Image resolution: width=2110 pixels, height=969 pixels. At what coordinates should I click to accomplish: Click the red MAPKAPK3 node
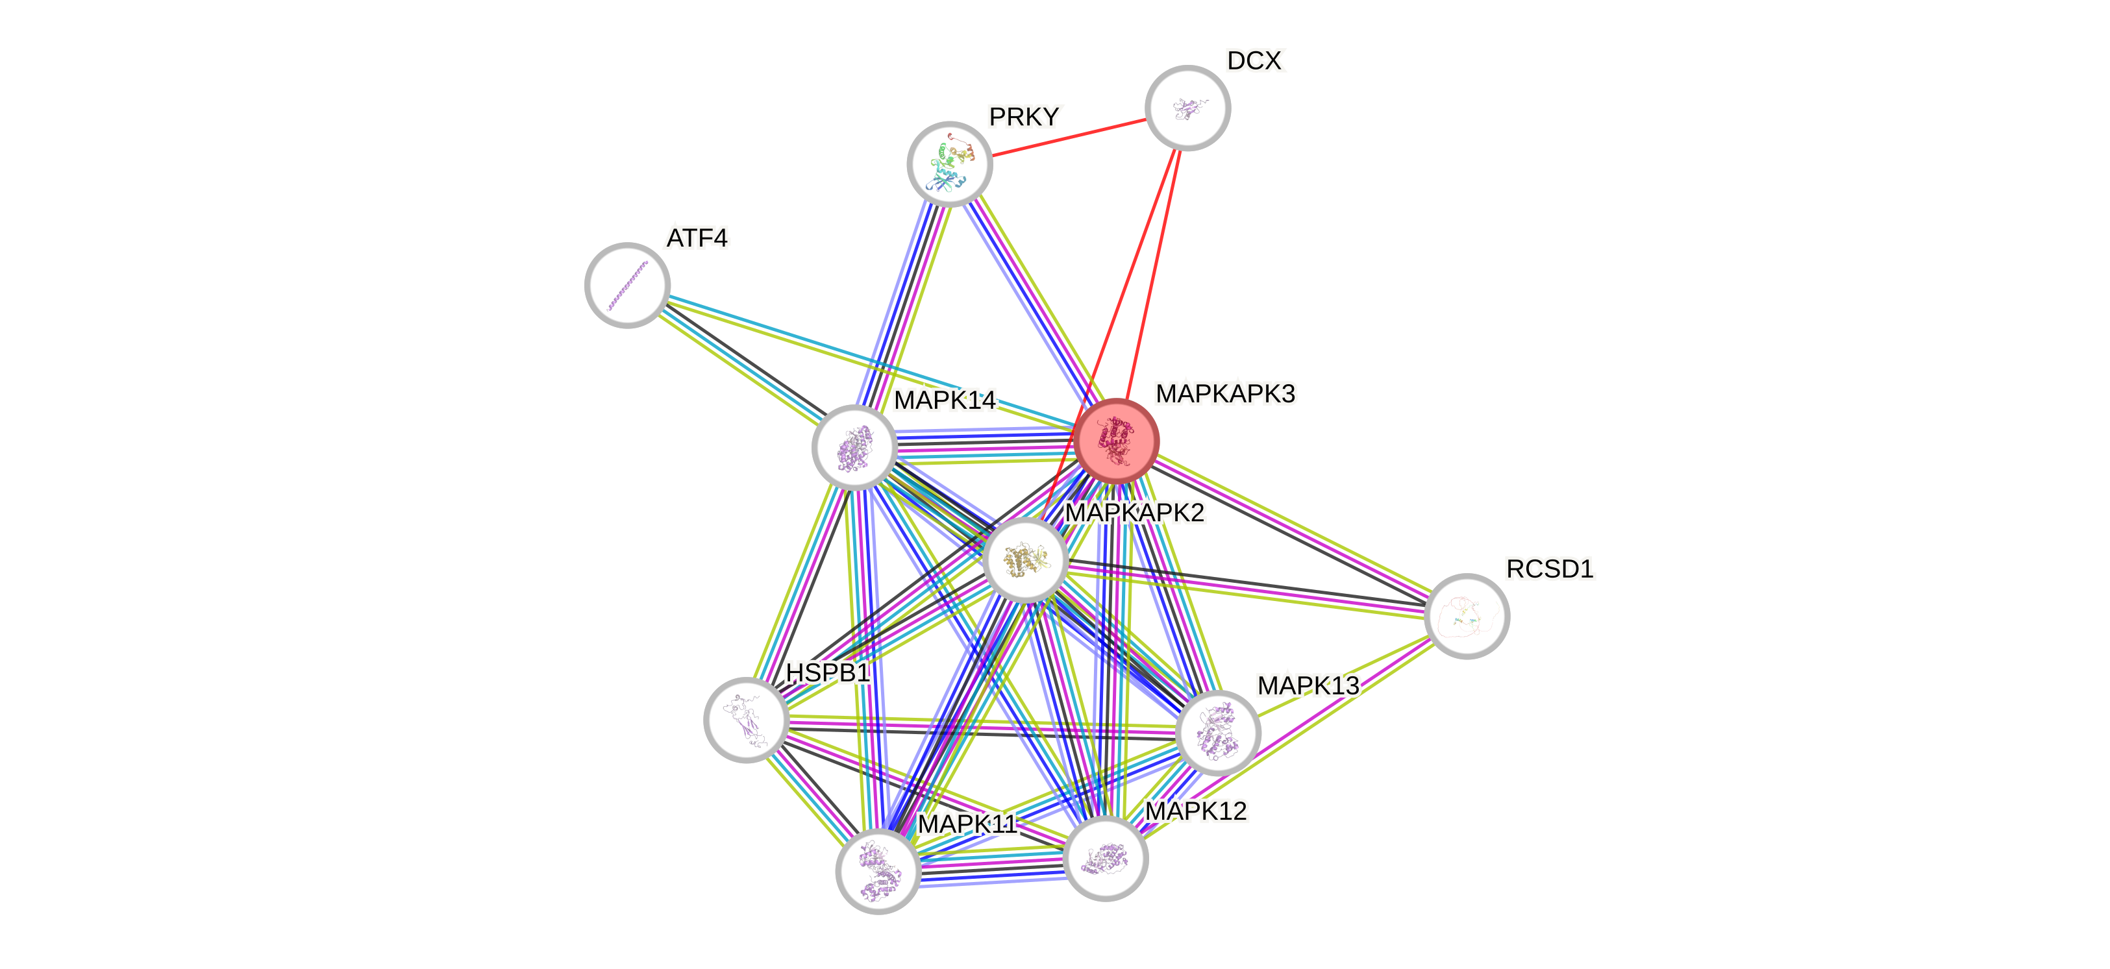pyautogui.click(x=1117, y=441)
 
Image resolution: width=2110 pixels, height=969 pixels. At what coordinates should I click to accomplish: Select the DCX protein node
pyautogui.click(x=1187, y=107)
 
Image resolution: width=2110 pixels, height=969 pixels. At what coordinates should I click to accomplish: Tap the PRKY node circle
pyautogui.click(x=949, y=164)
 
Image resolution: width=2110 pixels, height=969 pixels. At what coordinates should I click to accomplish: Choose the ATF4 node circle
pyautogui.click(x=627, y=285)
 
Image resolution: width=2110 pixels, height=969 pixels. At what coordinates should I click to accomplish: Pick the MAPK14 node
pyautogui.click(x=854, y=447)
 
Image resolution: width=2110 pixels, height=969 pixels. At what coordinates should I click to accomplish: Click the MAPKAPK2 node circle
pyautogui.click(x=1024, y=559)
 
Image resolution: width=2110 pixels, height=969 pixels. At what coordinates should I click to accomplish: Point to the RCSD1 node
pyautogui.click(x=1466, y=616)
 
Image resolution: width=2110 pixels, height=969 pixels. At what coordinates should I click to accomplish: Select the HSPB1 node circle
pyautogui.click(x=746, y=719)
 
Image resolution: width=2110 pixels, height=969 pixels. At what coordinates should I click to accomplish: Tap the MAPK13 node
pyautogui.click(x=1217, y=732)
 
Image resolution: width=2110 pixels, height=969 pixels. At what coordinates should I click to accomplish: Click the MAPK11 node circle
pyautogui.click(x=878, y=871)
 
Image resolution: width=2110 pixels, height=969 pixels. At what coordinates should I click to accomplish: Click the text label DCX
pyautogui.click(x=1255, y=60)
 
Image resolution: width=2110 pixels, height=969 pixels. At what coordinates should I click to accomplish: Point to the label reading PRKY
pyautogui.click(x=1024, y=117)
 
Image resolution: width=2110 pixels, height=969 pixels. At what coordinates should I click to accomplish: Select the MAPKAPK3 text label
pyautogui.click(x=1224, y=394)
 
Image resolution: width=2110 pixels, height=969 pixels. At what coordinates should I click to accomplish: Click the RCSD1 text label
pyautogui.click(x=1549, y=569)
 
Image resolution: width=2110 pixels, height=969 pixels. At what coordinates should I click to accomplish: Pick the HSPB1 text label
pyautogui.click(x=827, y=672)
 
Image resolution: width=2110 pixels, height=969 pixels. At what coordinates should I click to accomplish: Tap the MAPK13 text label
pyautogui.click(x=1308, y=685)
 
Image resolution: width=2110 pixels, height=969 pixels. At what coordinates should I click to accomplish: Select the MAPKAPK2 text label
pyautogui.click(x=1134, y=513)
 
